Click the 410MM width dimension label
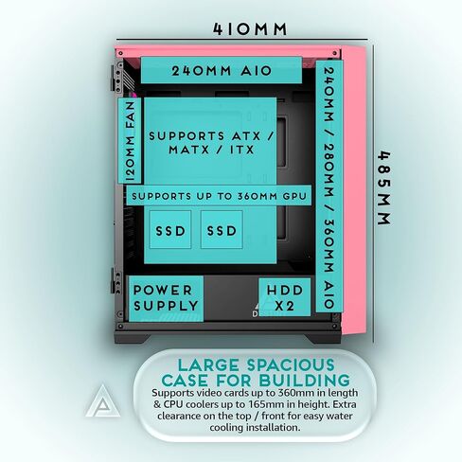pos(250,29)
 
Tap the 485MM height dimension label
pos(384,188)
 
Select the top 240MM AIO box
pos(222,70)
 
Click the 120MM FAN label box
pos(130,141)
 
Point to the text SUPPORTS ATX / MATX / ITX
pos(211,143)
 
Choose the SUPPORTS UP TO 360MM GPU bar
pos(219,196)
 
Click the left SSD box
pos(170,230)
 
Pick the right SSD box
pos(222,230)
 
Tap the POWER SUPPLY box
pos(166,298)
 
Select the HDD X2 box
pos(285,297)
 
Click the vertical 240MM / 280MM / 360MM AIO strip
pos(329,187)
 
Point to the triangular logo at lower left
pos(103,400)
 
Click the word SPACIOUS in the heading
pos(291,365)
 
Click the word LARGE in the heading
pos(208,365)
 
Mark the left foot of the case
pos(133,338)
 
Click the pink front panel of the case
pos(354,190)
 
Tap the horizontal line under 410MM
pos(242,40)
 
